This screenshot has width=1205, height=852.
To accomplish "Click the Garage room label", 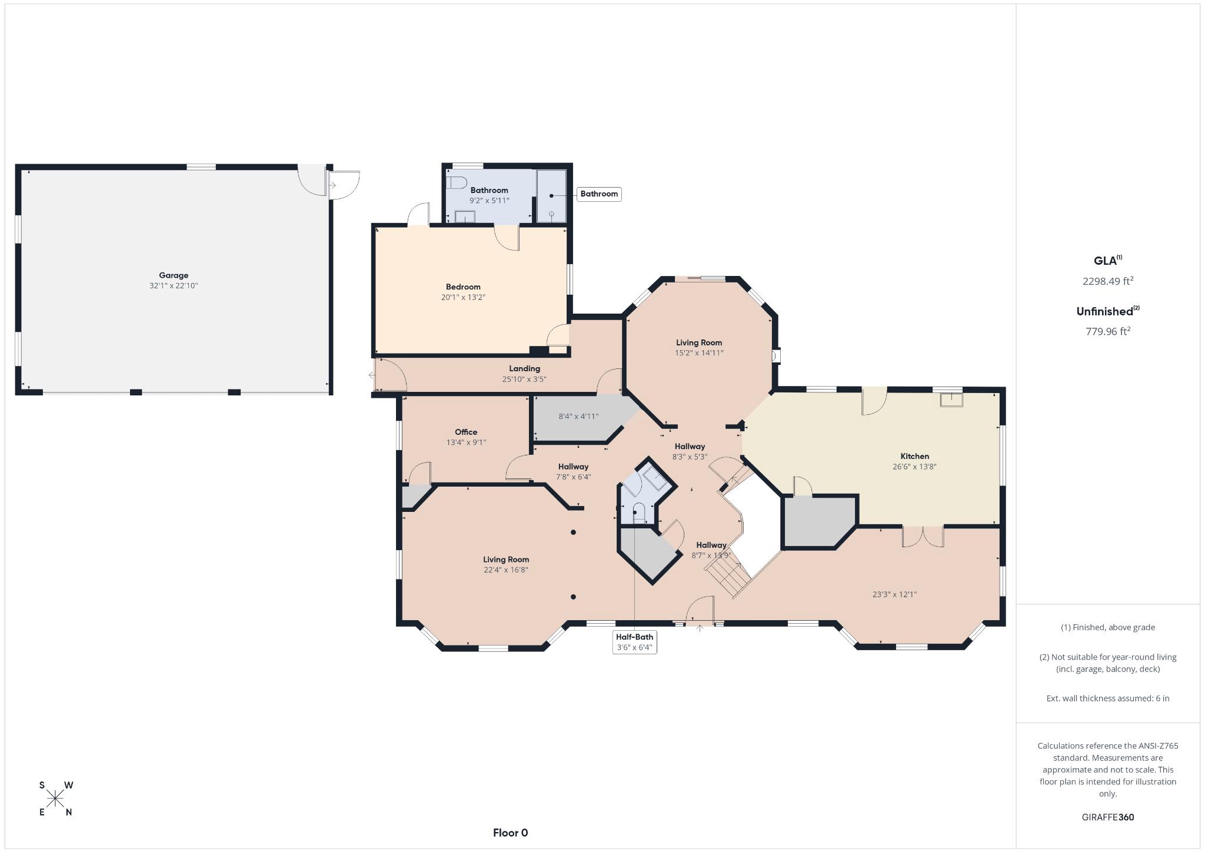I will [x=174, y=275].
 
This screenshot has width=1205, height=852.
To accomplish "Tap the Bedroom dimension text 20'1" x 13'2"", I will [x=463, y=297].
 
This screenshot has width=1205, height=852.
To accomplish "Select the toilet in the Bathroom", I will [x=457, y=182].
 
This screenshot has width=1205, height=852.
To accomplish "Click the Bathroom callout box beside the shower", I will [x=598, y=194].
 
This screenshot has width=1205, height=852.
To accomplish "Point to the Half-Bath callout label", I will [x=634, y=637].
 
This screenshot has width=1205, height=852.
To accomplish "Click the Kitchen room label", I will [x=914, y=456].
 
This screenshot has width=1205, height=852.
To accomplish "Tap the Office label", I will [x=465, y=432].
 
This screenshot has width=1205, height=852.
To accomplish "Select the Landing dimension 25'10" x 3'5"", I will [x=524, y=379].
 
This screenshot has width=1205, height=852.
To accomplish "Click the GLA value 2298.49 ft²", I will [x=1107, y=281].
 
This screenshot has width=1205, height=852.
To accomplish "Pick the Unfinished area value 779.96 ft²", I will [x=1107, y=331].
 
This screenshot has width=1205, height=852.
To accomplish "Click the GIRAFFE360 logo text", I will [x=1107, y=817].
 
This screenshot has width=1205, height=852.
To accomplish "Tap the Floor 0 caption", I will [x=510, y=833].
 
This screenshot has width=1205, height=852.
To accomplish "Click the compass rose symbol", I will [x=56, y=798].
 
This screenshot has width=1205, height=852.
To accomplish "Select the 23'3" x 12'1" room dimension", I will [x=894, y=594].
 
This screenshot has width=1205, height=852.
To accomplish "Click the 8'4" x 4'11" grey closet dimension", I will [x=578, y=417].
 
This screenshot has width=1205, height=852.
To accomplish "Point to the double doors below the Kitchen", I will [x=923, y=536].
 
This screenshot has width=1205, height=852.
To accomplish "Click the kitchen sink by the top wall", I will [x=951, y=400].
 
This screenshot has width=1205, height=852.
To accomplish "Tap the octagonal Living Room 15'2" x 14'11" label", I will [x=698, y=347].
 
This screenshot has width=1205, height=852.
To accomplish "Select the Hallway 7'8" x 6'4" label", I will [x=573, y=471].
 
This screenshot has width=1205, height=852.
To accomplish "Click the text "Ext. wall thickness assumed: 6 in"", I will [x=1107, y=698].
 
